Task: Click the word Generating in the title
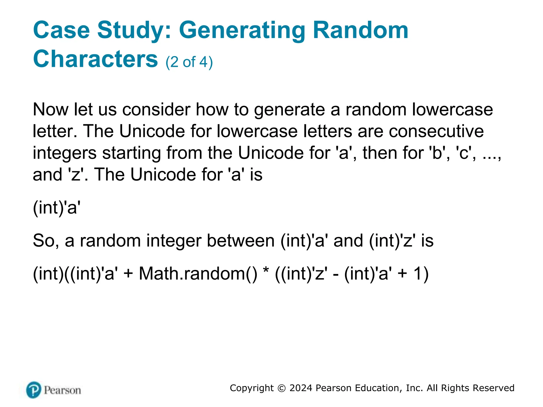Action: (242, 31)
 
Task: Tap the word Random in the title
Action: (361, 30)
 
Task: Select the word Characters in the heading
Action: (95, 59)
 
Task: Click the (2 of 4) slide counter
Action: (189, 62)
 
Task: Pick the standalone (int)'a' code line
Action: (56, 207)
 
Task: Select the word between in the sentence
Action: (240, 241)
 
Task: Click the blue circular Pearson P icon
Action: (34, 390)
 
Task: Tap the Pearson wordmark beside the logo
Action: (62, 390)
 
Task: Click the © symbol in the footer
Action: (282, 388)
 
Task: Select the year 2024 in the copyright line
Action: (301, 388)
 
